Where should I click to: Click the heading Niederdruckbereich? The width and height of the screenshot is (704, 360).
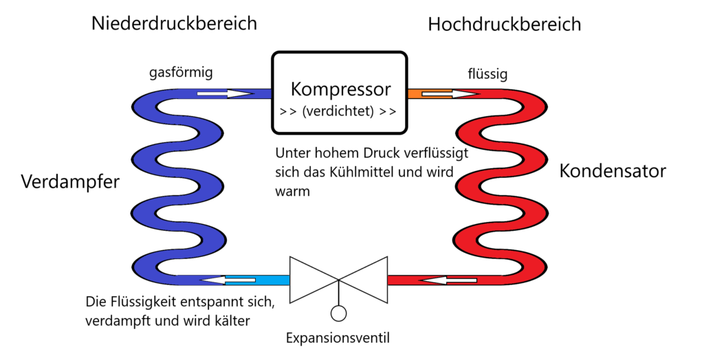pos(174,23)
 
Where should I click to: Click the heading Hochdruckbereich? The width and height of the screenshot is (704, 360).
pos(504,25)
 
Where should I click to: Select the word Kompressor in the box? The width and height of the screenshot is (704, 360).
pos(340,89)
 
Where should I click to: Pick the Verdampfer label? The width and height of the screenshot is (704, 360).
pos(70,183)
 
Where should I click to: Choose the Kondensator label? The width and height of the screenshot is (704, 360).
pos(613,170)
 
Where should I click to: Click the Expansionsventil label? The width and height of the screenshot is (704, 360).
pos(338,338)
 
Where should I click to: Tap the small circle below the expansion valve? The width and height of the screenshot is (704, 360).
pos(338,313)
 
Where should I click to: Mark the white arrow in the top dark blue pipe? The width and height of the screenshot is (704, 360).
pos(225,93)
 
